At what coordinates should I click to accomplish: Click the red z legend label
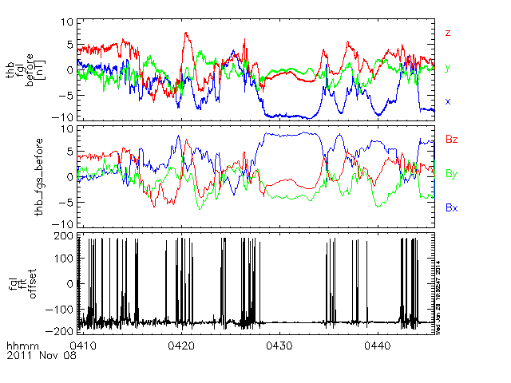tap(449, 33)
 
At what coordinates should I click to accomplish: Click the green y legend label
tap(448, 68)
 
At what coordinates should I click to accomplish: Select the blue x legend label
tap(448, 101)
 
